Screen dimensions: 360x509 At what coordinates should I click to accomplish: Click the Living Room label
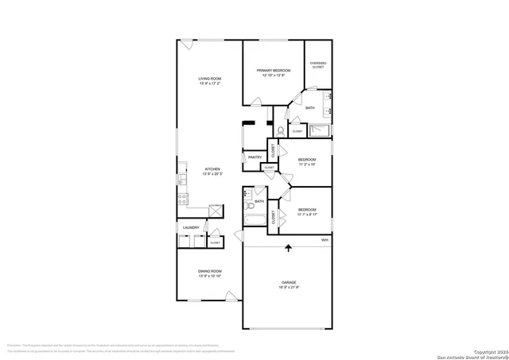pyautogui.click(x=209, y=79)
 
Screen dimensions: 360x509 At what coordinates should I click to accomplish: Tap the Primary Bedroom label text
pyautogui.click(x=273, y=71)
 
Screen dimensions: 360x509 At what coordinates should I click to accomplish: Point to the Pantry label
pyautogui.click(x=254, y=157)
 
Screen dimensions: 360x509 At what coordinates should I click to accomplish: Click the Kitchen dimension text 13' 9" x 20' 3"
pyautogui.click(x=212, y=173)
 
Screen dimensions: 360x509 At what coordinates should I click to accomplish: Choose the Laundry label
pyautogui.click(x=190, y=228)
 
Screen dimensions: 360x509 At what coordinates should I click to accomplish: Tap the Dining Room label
pyautogui.click(x=209, y=272)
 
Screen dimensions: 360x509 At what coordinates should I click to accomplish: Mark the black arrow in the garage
pyautogui.click(x=288, y=250)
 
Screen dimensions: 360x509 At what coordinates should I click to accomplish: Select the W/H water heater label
pyautogui.click(x=324, y=239)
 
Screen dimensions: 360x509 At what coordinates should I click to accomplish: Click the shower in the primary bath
pyautogui.click(x=321, y=131)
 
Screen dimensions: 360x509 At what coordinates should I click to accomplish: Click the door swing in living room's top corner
pyautogui.click(x=185, y=44)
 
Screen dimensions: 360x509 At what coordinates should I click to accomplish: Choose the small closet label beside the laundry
pyautogui.click(x=215, y=242)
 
